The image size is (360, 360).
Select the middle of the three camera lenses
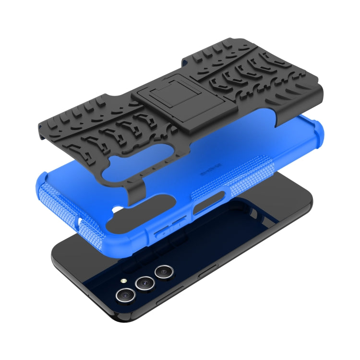pyautogui.click(x=143, y=283)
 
